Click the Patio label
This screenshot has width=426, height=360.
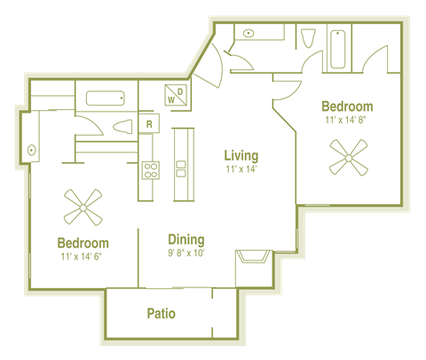coord(161,314)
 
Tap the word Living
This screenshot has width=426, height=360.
coord(241,156)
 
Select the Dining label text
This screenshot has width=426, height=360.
coord(186,239)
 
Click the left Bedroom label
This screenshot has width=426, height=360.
coord(83,243)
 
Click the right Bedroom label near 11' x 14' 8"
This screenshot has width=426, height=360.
coord(348,106)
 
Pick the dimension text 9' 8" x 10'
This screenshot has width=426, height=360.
coord(186,253)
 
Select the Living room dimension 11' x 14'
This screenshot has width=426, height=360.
coord(241,169)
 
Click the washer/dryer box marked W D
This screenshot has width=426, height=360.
coord(176,94)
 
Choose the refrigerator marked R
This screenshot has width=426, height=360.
coord(150,124)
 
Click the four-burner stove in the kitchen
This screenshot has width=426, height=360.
coord(150,168)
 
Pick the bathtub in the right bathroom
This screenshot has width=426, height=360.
coord(338,51)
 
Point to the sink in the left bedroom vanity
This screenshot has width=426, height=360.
coord(32,150)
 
